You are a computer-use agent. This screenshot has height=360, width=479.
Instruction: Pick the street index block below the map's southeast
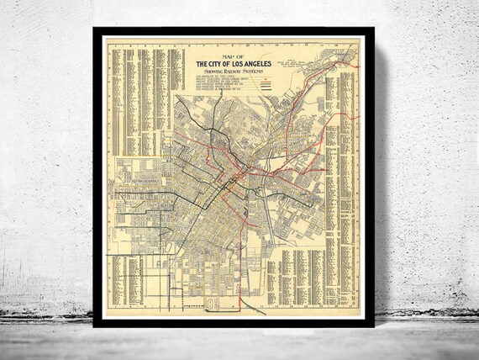(303, 278)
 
